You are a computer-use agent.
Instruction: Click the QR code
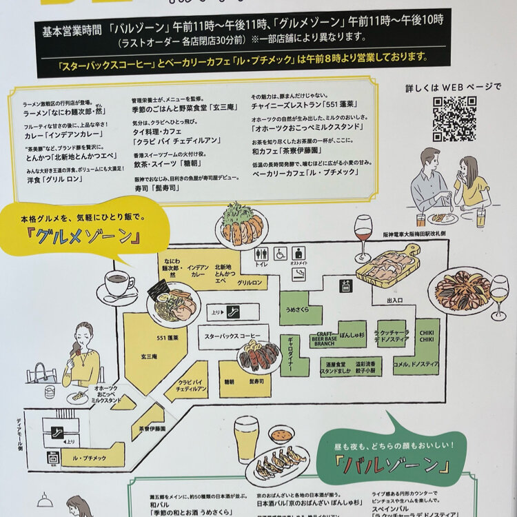[x=454, y=119]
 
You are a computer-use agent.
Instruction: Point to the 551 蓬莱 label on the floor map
[x=148, y=337]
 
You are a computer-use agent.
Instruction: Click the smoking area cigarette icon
[x=298, y=274]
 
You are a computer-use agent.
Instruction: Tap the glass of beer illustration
[x=245, y=438]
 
